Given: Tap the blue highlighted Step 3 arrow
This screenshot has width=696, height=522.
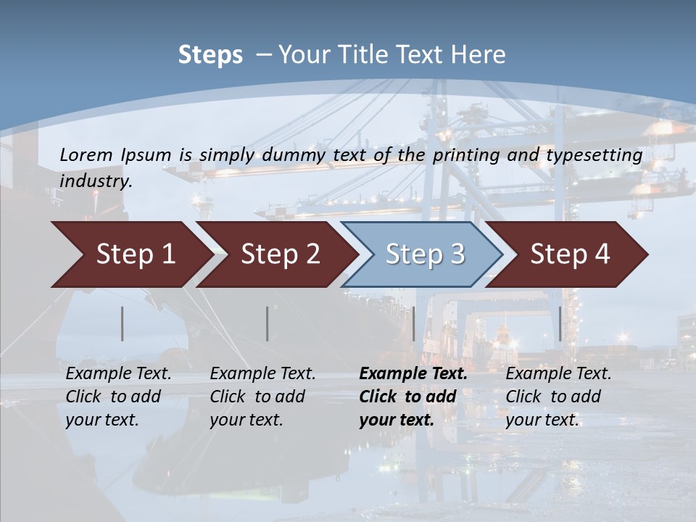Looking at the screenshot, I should (x=425, y=254).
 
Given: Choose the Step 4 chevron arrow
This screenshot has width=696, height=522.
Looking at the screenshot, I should (x=570, y=254).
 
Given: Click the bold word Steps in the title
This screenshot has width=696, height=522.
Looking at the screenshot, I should (x=210, y=54).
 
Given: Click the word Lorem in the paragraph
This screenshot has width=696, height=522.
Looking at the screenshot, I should (x=86, y=154).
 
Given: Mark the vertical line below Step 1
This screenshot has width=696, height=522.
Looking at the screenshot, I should (x=123, y=323).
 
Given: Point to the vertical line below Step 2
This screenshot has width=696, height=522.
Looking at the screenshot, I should (x=267, y=323).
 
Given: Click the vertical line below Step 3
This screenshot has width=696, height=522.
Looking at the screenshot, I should (x=413, y=323).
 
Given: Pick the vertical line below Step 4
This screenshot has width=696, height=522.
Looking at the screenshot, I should (x=560, y=323).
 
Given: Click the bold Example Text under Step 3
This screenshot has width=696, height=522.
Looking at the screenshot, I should (x=413, y=374).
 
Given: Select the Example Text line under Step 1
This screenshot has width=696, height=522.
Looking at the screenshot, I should (x=118, y=374).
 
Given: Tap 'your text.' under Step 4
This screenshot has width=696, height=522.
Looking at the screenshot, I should (x=542, y=420).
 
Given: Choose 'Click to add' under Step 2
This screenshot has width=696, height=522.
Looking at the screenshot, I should (x=257, y=397).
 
